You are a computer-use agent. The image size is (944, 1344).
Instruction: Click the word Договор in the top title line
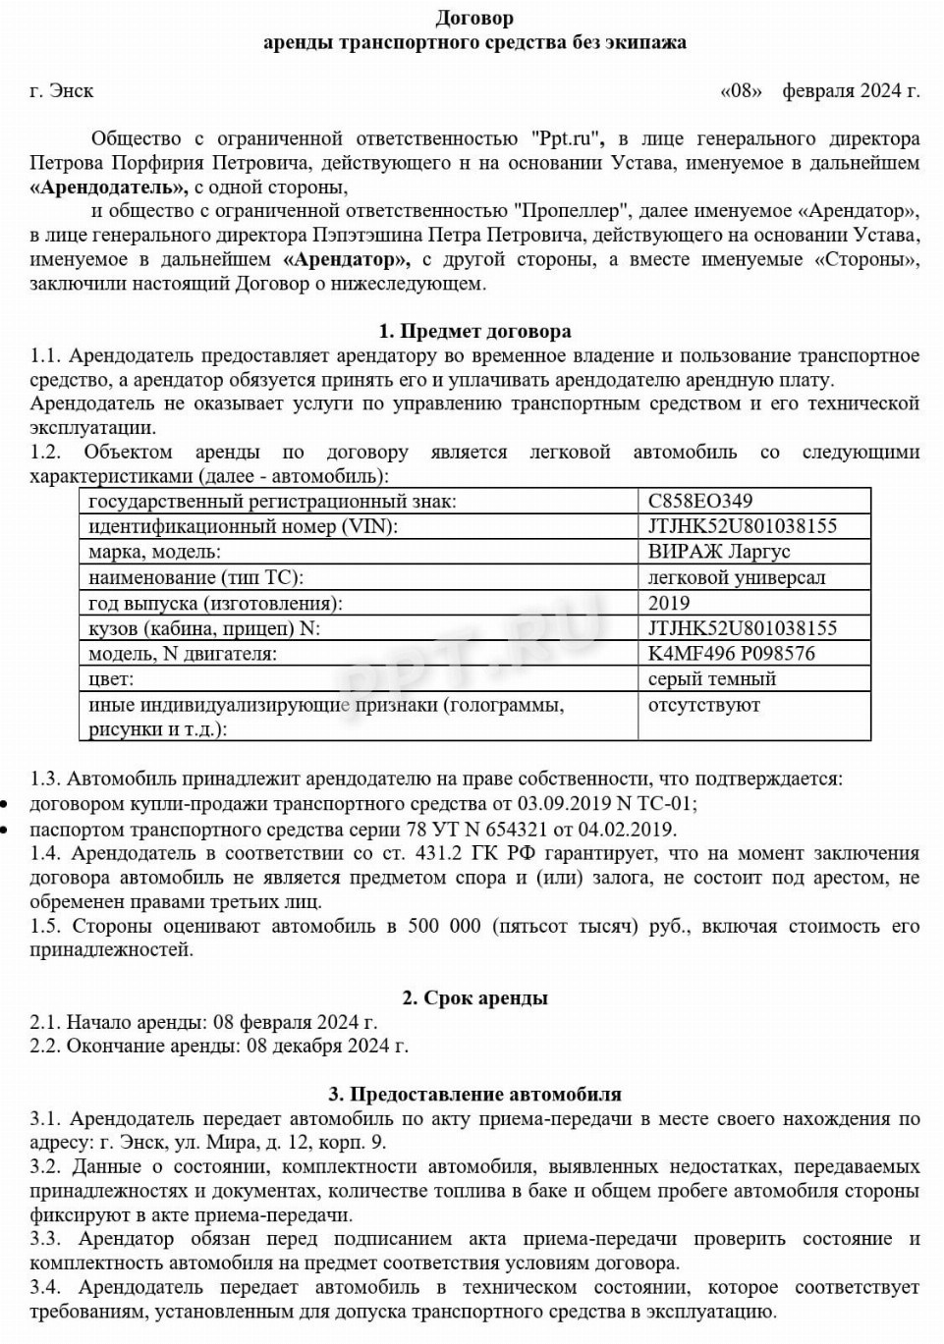[x=474, y=18]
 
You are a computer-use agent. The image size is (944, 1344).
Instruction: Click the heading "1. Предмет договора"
[x=474, y=331]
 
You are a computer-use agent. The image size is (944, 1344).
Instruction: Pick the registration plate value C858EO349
[x=700, y=501]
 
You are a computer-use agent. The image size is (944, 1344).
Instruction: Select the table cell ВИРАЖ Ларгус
[x=719, y=552]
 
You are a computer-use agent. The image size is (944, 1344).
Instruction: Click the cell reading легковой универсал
[x=737, y=577]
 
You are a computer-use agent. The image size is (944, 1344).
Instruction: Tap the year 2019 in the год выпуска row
[x=669, y=603]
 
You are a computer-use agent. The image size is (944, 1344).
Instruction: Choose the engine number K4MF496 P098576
[x=731, y=654]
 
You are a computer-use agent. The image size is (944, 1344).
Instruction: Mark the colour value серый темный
[x=712, y=679]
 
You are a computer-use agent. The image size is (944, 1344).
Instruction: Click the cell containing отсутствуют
[x=704, y=705]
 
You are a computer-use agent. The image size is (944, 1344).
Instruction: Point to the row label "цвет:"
[x=111, y=679]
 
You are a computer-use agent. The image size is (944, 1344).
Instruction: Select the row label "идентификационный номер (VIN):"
[x=243, y=526]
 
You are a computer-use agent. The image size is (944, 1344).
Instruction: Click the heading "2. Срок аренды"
[x=474, y=998]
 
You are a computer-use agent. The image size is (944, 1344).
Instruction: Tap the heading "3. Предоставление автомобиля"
[x=474, y=1094]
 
